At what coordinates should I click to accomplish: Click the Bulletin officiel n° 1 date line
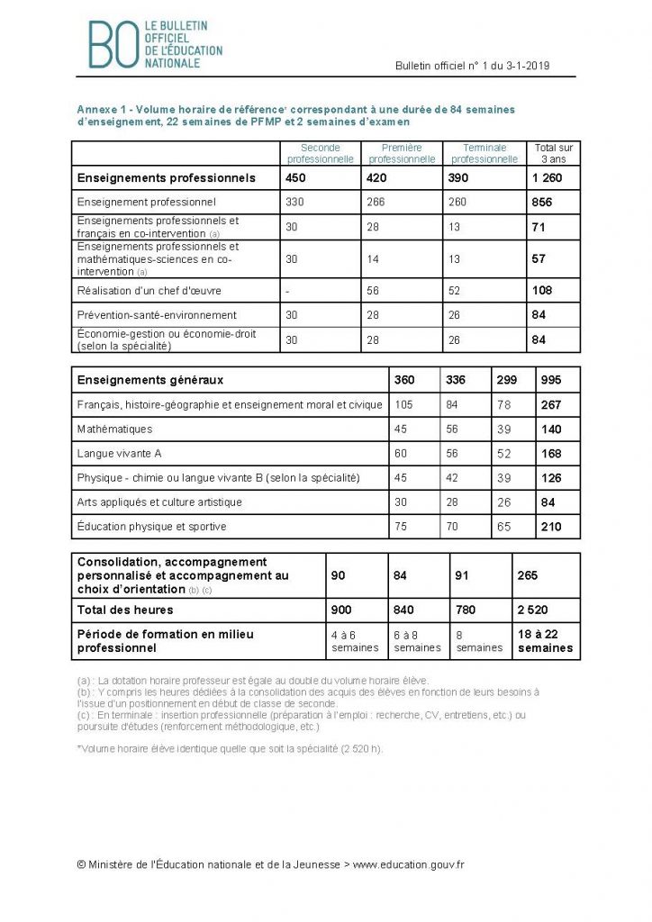pyautogui.click(x=472, y=66)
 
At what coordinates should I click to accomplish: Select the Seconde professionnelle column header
pyautogui.click(x=320, y=153)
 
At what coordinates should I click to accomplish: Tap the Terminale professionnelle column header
pyautogui.click(x=484, y=153)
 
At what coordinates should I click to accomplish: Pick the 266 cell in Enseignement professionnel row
pyautogui.click(x=376, y=203)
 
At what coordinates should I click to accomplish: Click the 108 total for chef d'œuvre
pyautogui.click(x=542, y=291)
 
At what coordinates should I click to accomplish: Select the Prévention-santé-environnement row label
pyautogui.click(x=158, y=315)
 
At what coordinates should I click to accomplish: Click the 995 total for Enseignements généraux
pyautogui.click(x=550, y=380)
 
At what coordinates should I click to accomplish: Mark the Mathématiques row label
pyautogui.click(x=115, y=429)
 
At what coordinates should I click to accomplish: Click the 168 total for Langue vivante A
pyautogui.click(x=550, y=453)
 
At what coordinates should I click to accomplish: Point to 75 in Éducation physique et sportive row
pyautogui.click(x=402, y=526)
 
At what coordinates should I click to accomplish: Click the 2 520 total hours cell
pyautogui.click(x=534, y=610)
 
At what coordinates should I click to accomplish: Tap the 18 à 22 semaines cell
pyautogui.click(x=543, y=641)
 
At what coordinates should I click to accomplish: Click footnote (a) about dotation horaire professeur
pyautogui.click(x=252, y=680)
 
